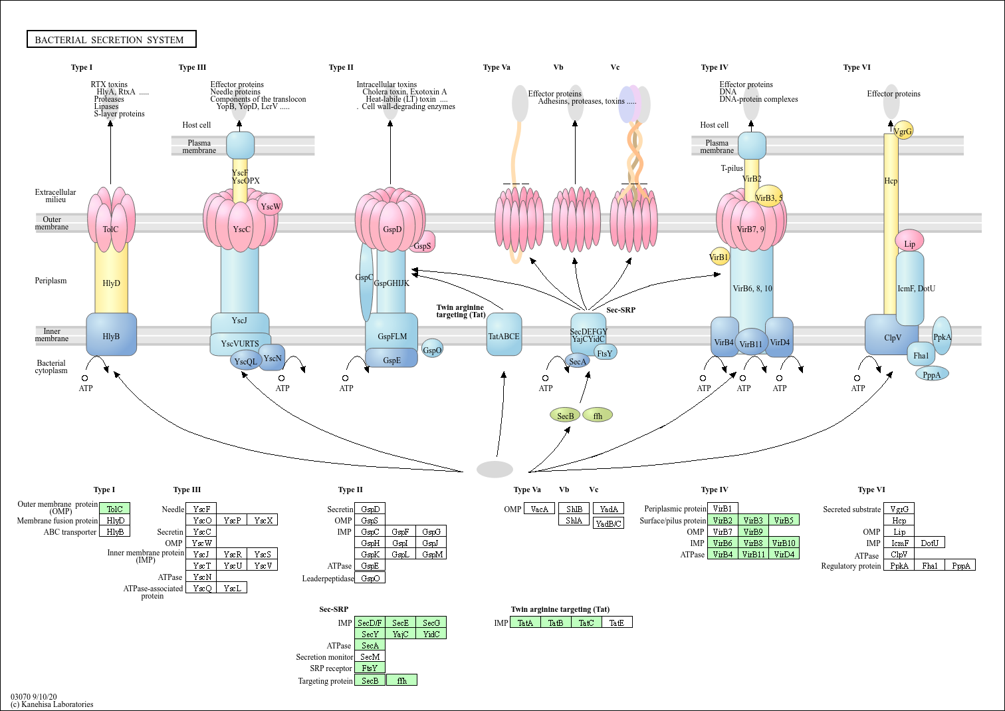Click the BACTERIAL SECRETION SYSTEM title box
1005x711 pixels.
(112, 40)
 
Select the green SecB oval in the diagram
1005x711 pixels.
(565, 416)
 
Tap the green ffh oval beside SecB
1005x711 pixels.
(598, 416)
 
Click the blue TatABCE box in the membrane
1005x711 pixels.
(504, 335)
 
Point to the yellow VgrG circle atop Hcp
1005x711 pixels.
(903, 130)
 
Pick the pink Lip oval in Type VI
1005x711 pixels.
(909, 243)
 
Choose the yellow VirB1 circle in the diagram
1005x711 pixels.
(719, 257)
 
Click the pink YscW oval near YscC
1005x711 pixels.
(270, 206)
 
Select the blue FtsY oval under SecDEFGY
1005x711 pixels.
(605, 353)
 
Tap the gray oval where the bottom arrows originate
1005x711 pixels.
(495, 470)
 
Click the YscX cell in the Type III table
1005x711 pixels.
(263, 520)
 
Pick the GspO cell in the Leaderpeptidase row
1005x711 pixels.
(370, 578)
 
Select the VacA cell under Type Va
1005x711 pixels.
(539, 509)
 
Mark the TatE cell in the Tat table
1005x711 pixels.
(617, 623)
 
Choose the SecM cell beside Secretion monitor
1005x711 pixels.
(370, 656)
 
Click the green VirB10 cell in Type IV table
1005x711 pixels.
(784, 543)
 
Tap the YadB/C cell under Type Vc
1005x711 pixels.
(608, 523)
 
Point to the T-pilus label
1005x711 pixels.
(732, 168)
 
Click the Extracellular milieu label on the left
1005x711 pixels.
(55, 196)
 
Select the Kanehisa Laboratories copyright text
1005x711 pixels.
(52, 704)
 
